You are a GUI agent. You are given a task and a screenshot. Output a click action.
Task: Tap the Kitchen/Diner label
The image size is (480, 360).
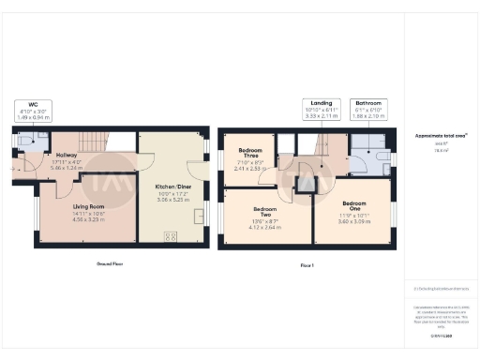click(x=172, y=187)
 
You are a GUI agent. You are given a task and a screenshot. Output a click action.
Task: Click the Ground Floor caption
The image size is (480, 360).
click(x=113, y=264)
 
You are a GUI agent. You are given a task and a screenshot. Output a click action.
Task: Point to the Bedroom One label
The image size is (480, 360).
click(x=353, y=206)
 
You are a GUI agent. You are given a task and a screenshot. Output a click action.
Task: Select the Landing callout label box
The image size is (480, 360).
click(x=321, y=109)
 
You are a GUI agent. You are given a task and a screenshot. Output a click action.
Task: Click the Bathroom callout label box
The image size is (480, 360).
click(x=367, y=109)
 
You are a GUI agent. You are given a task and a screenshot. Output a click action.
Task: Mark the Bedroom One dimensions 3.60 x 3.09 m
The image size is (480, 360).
click(x=353, y=220)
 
